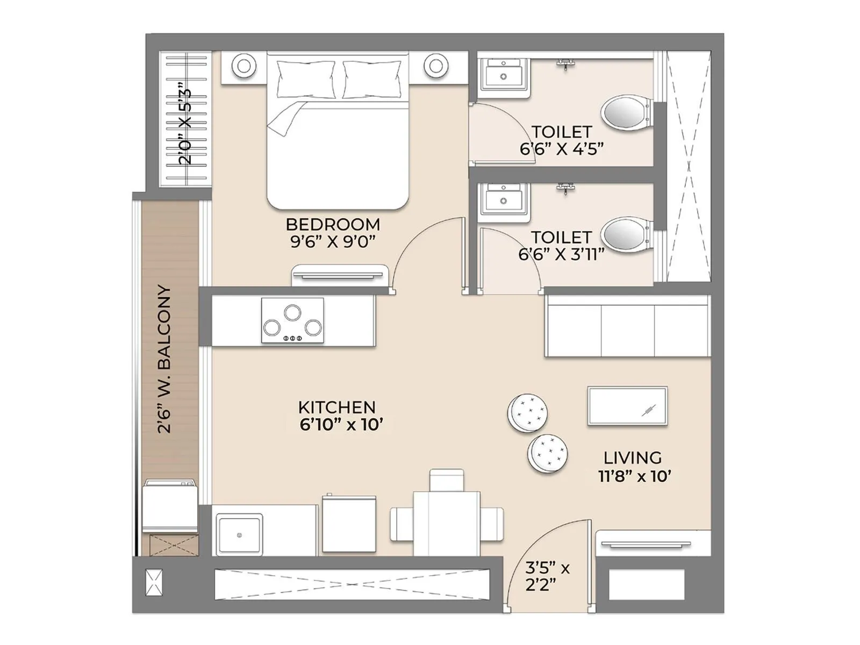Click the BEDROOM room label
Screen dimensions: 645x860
pyautogui.click(x=333, y=224)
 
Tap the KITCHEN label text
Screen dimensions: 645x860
pyautogui.click(x=337, y=407)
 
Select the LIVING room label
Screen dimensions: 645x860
pyautogui.click(x=633, y=458)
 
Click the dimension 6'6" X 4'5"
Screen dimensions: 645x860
pyautogui.click(x=562, y=149)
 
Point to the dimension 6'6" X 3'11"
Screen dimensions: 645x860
pyautogui.click(x=562, y=254)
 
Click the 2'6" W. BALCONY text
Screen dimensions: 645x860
pyautogui.click(x=164, y=359)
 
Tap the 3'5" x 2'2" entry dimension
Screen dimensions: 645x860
pyautogui.click(x=547, y=576)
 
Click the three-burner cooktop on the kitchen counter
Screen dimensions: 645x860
pyautogui.click(x=292, y=320)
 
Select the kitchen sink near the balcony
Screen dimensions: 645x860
pyautogui.click(x=239, y=535)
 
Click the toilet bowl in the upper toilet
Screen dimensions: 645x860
pyautogui.click(x=625, y=113)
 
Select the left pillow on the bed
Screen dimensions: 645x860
pyautogui.click(x=306, y=79)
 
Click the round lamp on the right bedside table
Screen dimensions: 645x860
pyautogui.click(x=436, y=66)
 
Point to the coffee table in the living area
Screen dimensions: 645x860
pyautogui.click(x=627, y=406)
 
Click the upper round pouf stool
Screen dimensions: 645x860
pyautogui.click(x=528, y=413)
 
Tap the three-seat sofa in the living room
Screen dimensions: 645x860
pyautogui.click(x=627, y=326)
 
